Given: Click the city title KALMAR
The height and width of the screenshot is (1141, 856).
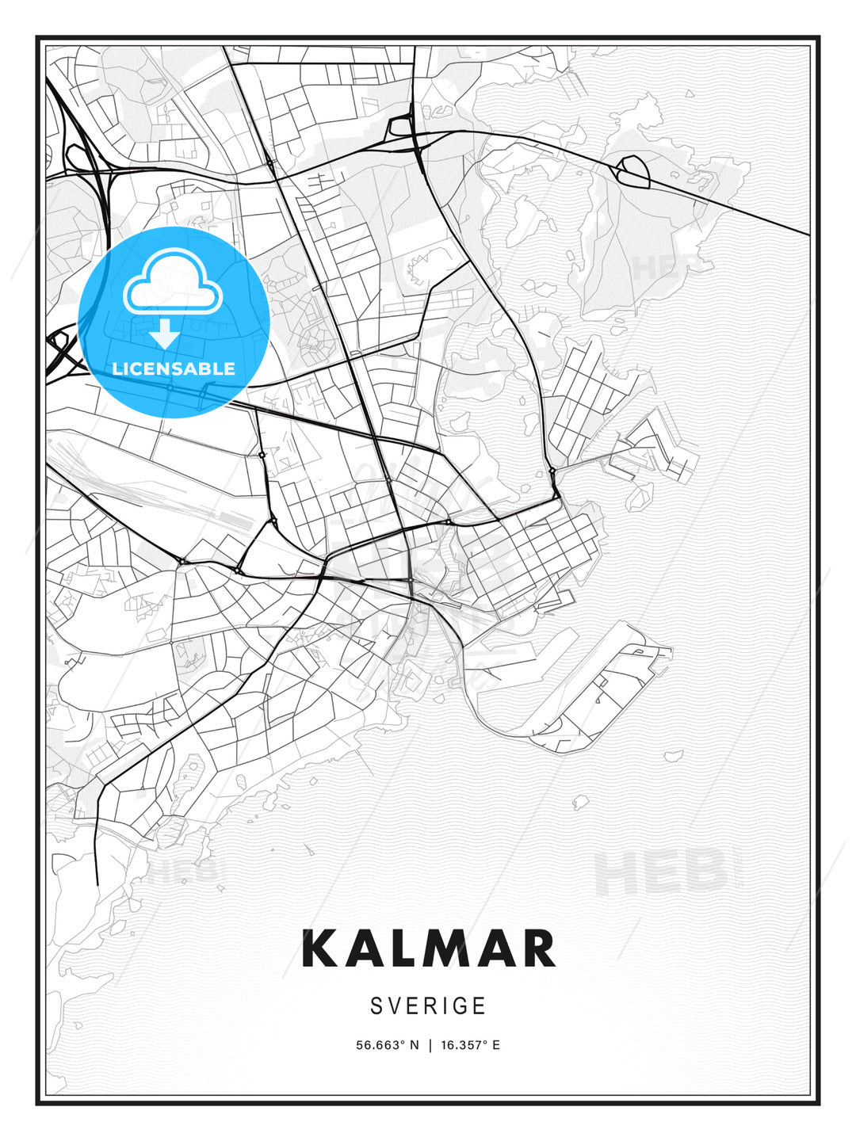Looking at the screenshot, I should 428,948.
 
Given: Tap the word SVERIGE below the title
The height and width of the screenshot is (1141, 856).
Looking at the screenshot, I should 428,1006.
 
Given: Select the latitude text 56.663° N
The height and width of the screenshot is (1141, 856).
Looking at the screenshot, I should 386,1045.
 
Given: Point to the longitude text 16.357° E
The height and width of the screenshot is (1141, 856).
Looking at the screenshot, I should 470,1045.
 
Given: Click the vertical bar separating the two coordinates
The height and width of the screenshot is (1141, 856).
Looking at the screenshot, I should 429,1045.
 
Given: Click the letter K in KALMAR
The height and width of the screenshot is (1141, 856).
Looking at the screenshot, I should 320,948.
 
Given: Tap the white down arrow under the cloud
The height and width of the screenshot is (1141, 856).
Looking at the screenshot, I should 165,334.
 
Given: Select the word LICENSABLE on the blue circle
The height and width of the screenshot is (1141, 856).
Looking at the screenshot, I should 174,368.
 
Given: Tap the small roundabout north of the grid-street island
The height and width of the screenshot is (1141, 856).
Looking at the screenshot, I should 552,471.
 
